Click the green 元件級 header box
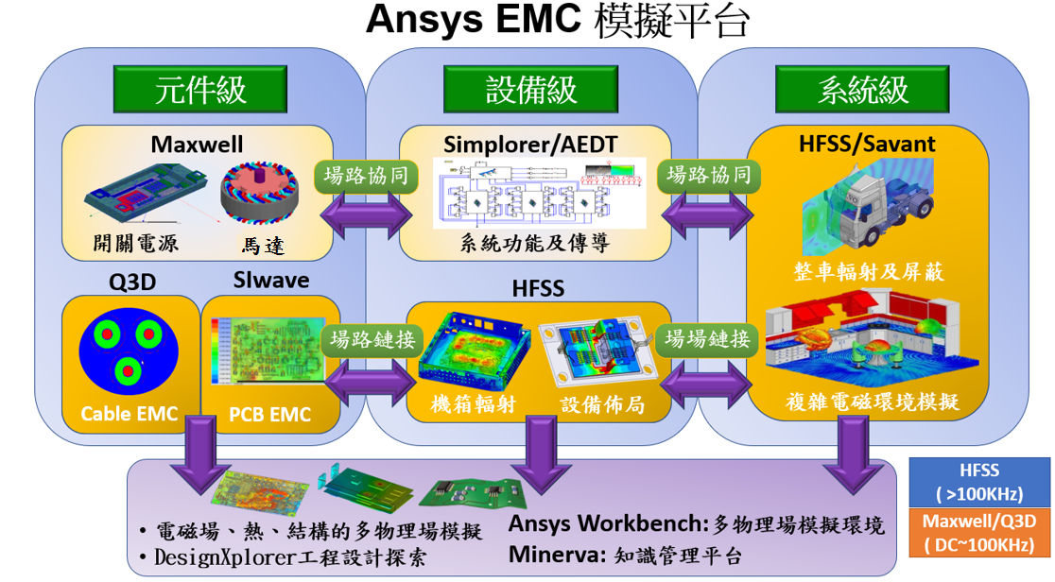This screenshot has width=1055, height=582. [x=200, y=88]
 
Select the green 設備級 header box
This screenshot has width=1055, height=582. [x=530, y=88]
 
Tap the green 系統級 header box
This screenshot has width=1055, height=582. [x=862, y=88]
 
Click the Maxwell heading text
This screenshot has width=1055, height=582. [x=197, y=145]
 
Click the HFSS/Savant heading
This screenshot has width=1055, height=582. [x=867, y=144]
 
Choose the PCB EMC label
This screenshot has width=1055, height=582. [x=270, y=414]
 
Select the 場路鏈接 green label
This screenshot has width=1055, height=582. [x=372, y=337]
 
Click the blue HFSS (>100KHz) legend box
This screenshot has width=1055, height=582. [x=979, y=482]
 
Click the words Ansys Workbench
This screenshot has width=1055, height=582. [x=607, y=524]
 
